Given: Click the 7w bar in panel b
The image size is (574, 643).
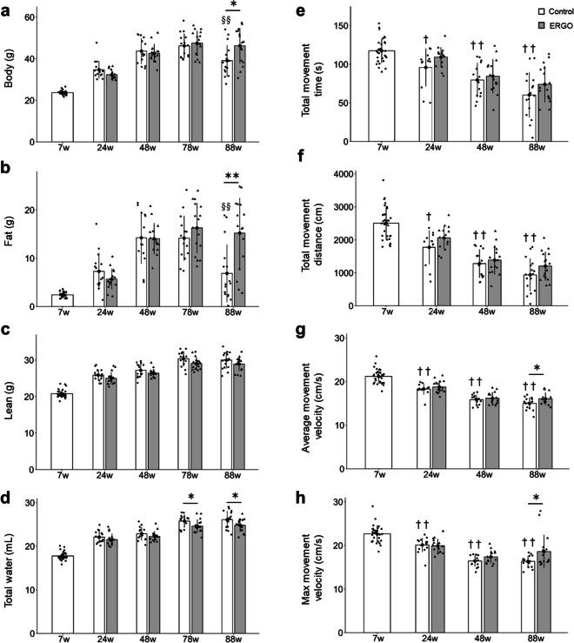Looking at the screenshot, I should point(62,300).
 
